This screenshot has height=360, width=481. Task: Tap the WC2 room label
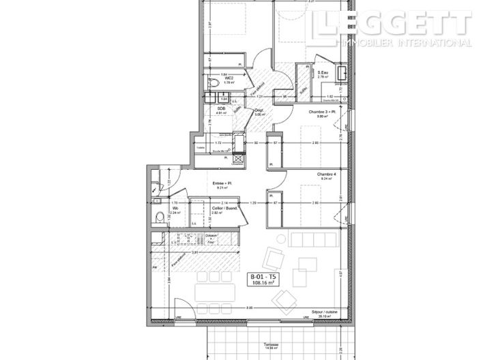(229, 78)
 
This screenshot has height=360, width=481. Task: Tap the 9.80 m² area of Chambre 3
(323, 117)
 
